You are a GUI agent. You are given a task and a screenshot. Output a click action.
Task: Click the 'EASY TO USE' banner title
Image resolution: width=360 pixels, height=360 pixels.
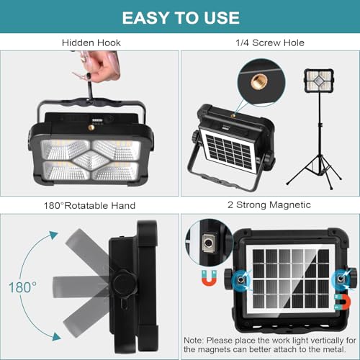click(x=180, y=17)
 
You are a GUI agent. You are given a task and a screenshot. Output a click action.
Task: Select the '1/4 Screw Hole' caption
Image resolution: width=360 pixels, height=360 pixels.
click(x=270, y=43)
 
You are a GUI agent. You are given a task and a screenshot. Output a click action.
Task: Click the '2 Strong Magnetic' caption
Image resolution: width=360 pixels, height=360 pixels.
click(x=270, y=205)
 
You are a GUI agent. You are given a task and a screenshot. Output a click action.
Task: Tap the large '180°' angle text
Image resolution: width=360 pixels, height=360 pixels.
click(x=22, y=287)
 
